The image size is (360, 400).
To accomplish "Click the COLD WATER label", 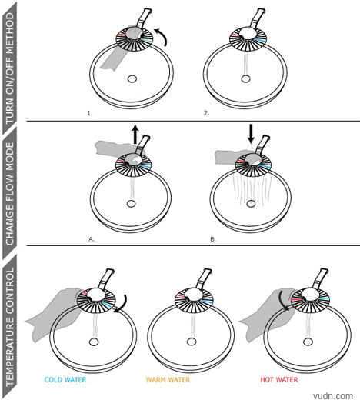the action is [x=65, y=380].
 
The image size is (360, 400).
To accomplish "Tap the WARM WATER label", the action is [x=168, y=380].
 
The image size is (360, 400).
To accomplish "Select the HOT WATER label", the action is [x=279, y=380].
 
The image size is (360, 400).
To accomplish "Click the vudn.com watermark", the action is [x=333, y=395].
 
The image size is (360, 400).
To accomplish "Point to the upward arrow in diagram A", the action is [x=135, y=135].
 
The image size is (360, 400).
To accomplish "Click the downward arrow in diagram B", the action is [x=251, y=134].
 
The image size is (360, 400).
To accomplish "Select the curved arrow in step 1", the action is [x=162, y=36].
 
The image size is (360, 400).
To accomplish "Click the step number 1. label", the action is [x=90, y=113].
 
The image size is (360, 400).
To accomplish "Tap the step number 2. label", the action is [x=207, y=113].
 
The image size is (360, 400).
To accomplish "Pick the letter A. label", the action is [x=92, y=239].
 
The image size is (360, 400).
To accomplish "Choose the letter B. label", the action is [x=213, y=239].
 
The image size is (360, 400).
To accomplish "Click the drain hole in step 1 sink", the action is [x=132, y=79].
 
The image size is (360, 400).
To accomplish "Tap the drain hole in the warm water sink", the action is [x=191, y=342].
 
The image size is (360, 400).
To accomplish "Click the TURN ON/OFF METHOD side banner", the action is [x=10, y=68].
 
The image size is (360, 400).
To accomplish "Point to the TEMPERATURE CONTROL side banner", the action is [x=10, y=325].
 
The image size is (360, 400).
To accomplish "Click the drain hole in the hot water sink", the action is [x=308, y=342].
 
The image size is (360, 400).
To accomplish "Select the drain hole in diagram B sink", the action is [x=251, y=204].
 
